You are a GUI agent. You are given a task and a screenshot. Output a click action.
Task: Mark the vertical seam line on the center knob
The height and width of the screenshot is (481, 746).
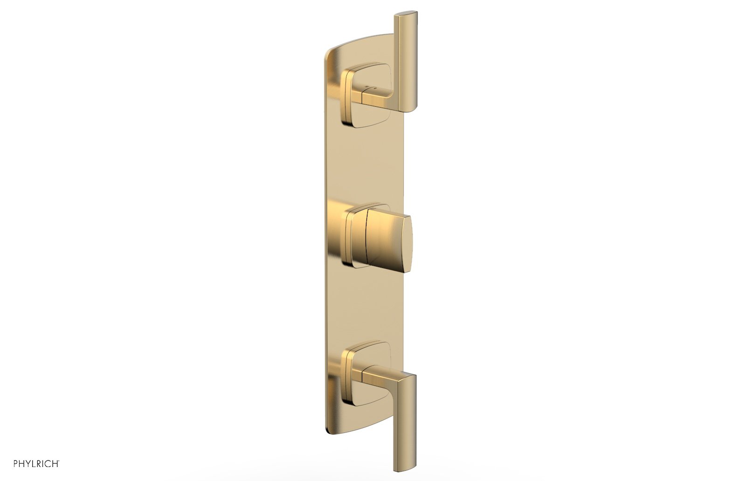click(x=366, y=240)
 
